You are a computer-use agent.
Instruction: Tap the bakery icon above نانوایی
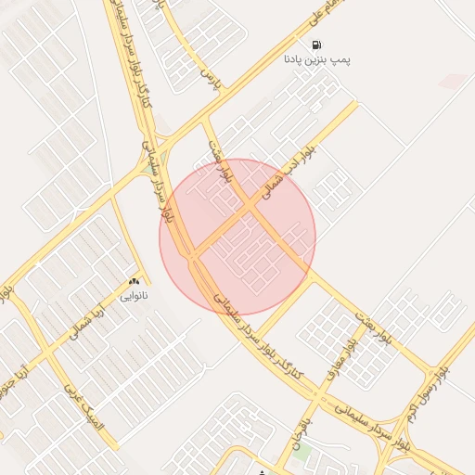[x=134, y=282]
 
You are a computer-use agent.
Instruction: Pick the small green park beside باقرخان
[x=302, y=452]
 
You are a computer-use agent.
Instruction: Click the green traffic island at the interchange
[x=151, y=167]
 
